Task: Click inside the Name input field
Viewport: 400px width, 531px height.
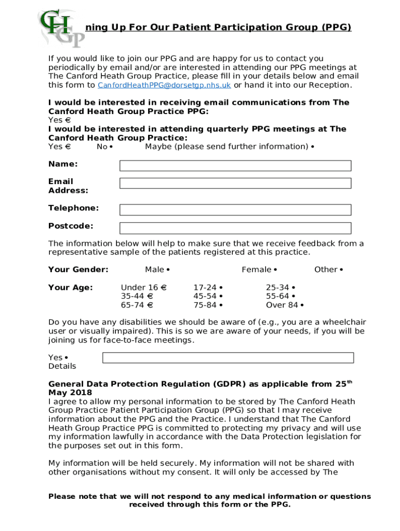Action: [x=235, y=165]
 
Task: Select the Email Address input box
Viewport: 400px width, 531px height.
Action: [x=235, y=183]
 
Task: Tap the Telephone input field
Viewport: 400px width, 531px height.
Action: [x=235, y=209]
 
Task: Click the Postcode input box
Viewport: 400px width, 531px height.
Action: [x=235, y=228]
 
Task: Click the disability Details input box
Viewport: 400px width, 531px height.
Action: [x=228, y=358]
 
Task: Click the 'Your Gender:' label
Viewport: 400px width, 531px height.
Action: [x=78, y=270]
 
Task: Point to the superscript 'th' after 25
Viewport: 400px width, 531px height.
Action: [x=350, y=382]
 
